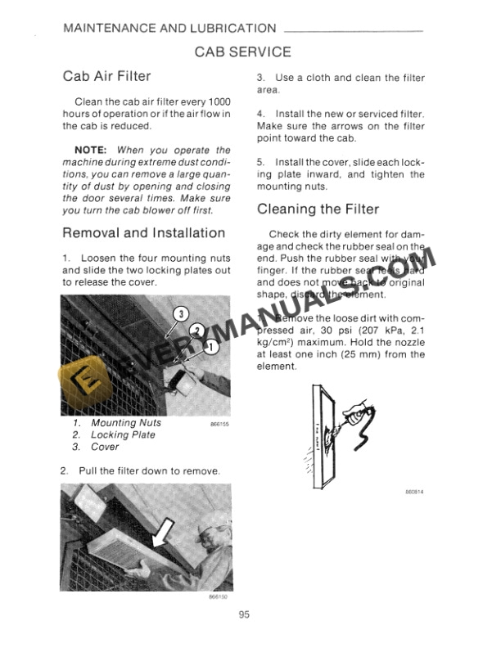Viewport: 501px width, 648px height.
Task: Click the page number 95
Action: point(244,616)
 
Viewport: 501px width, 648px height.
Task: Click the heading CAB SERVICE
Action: point(242,52)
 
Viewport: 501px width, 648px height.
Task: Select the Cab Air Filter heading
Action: point(107,77)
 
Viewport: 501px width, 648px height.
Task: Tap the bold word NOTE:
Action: point(94,151)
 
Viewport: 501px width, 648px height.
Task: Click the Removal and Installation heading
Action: point(143,232)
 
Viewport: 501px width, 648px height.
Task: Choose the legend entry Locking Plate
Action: point(124,435)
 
